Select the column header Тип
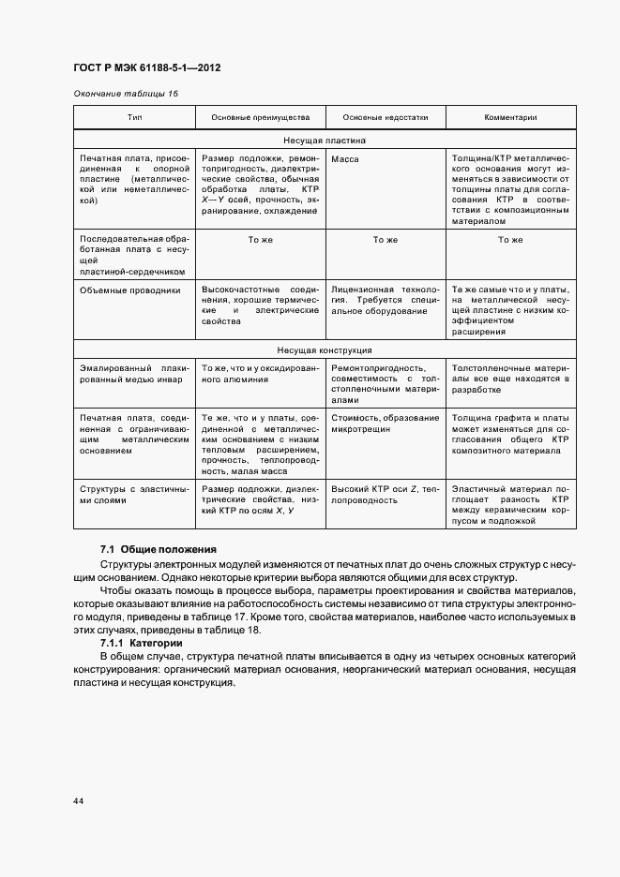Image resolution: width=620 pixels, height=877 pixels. (x=134, y=118)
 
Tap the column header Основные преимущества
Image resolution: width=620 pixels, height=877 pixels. (x=259, y=118)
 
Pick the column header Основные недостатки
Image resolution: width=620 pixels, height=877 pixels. (x=385, y=118)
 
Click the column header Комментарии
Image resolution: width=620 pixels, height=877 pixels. (x=510, y=118)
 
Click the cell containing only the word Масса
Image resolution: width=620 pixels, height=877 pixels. (x=345, y=159)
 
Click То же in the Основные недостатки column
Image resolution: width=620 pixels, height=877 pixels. (x=385, y=240)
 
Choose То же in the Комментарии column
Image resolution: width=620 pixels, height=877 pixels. (x=510, y=240)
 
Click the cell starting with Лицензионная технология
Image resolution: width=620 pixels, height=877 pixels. (x=385, y=301)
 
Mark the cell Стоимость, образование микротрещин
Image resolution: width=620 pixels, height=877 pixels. (x=385, y=424)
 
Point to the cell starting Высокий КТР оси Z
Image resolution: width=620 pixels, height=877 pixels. (x=385, y=495)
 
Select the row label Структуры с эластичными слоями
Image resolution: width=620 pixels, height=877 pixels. (x=134, y=495)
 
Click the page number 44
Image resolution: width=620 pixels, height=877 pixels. (x=77, y=801)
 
